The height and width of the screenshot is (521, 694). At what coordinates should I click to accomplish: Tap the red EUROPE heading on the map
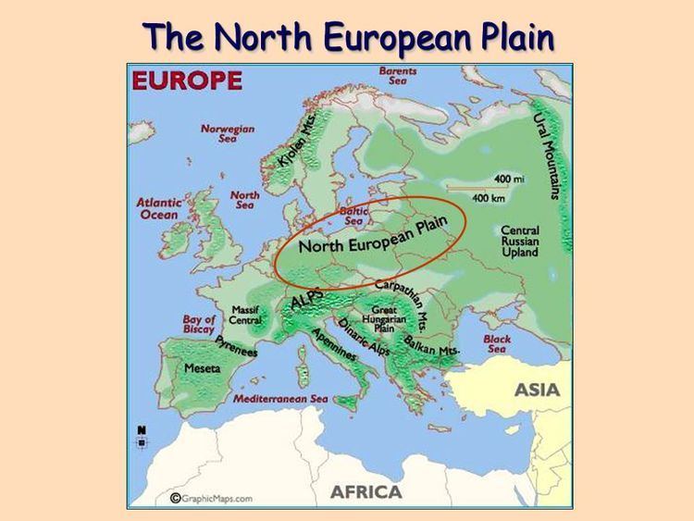pos(188,81)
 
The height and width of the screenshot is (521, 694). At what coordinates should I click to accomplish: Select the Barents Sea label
pos(398,75)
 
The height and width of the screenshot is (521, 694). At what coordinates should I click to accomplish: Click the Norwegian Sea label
pos(228,134)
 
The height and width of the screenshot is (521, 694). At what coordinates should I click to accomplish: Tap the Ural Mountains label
pos(547,155)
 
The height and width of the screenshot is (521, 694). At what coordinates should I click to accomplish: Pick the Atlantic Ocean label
pos(159,208)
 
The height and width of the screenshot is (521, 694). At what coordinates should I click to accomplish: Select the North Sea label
pos(245,200)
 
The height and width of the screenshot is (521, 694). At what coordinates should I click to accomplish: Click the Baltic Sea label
pos(354,216)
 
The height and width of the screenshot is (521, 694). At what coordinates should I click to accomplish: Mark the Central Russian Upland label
pos(519,242)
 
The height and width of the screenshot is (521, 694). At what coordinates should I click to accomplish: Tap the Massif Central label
pos(245,315)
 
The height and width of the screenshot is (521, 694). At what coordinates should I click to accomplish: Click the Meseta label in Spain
pos(203,368)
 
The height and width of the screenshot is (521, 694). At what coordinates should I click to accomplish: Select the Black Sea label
pos(497,344)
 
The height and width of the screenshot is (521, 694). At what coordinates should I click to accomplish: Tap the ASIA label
pos(537,390)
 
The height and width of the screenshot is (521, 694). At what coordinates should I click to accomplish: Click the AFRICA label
pos(366,490)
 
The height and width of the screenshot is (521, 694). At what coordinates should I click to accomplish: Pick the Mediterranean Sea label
pos(280,399)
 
